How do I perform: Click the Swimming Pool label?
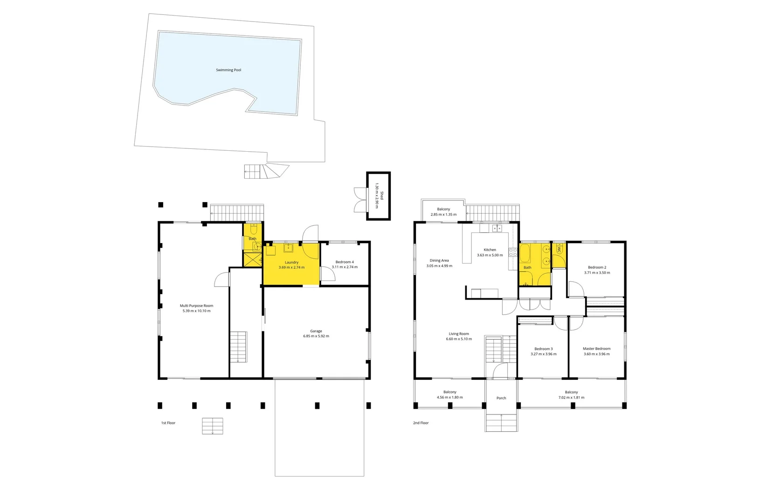coord(228,70)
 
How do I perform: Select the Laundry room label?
coord(291,262)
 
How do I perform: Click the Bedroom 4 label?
coord(345,262)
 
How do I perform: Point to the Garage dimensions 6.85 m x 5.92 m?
coord(316,336)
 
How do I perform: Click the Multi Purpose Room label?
coord(196,306)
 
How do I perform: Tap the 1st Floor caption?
coord(168,423)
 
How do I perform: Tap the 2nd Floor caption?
coord(421,423)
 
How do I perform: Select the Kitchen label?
coord(490,250)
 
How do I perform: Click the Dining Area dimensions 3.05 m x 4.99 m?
coord(439,266)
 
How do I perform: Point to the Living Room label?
coord(459,334)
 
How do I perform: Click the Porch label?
coord(501,398)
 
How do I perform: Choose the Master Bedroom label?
coord(596,349)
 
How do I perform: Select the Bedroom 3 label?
coord(543,349)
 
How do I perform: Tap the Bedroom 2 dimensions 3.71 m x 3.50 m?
coord(597,273)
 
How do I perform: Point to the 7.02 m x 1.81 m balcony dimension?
coord(571,398)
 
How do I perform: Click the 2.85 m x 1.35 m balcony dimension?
coord(443,215)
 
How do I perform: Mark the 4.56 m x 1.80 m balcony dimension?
coord(450,398)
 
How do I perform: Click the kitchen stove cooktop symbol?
coord(513,252)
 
